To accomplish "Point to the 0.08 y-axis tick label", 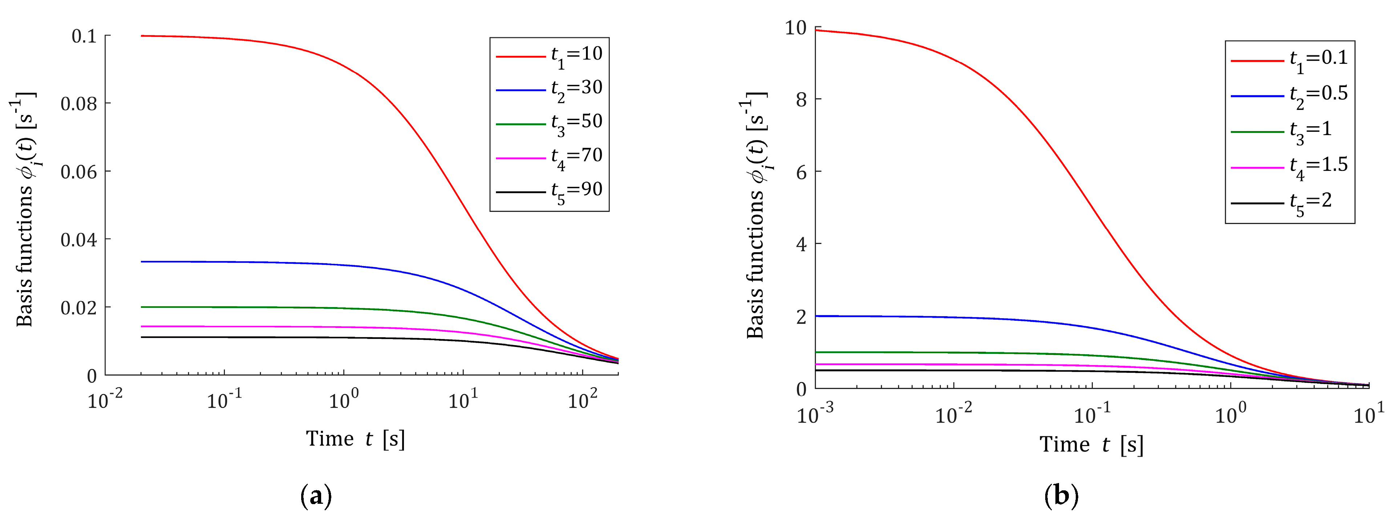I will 79,103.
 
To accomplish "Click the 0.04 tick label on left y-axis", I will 79,239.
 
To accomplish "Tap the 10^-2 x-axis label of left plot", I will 105,400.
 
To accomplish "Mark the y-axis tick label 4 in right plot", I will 801,244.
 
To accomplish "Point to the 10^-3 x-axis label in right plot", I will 815,414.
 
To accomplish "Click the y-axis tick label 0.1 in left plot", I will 84,36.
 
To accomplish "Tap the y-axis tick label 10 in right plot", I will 796,28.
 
